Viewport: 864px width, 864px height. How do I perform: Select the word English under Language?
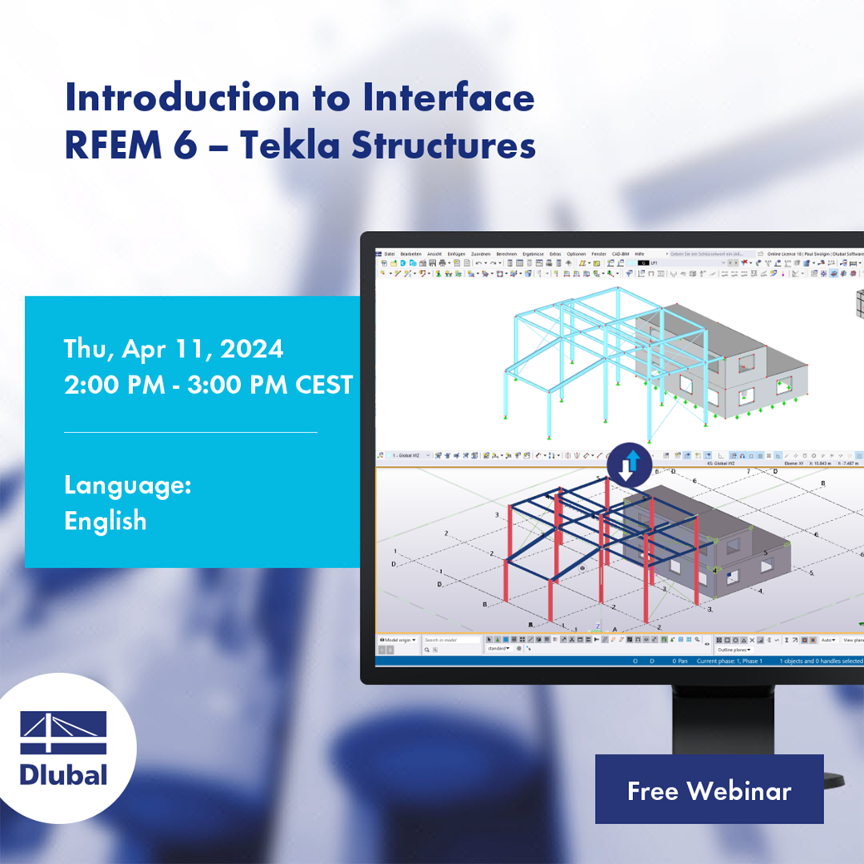point(106,521)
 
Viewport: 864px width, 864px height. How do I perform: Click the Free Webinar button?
point(709,790)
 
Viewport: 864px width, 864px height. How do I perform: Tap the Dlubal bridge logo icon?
point(64,733)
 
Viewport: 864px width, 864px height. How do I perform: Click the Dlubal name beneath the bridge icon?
point(64,775)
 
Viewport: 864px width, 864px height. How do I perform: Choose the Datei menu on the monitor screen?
point(390,253)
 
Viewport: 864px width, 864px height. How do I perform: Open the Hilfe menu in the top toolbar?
point(639,253)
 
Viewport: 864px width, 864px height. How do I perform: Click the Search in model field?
point(451,641)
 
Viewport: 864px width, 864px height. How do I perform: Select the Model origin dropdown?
point(398,641)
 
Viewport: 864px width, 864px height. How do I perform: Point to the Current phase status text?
point(729,661)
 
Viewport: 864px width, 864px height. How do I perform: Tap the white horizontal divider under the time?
point(190,432)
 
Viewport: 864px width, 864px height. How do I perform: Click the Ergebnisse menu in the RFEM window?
point(532,253)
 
